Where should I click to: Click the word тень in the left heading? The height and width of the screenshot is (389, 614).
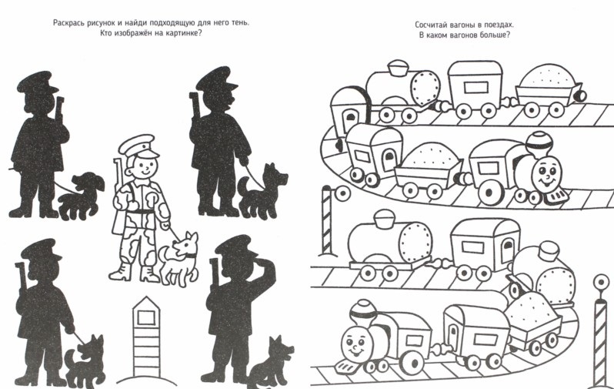(x=239, y=23)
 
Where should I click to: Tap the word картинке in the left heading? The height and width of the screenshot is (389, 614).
(x=183, y=33)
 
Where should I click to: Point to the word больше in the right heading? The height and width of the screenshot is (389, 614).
(x=496, y=35)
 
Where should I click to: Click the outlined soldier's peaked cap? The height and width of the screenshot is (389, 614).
(x=138, y=145)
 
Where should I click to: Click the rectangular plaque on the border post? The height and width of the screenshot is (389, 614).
(x=146, y=317)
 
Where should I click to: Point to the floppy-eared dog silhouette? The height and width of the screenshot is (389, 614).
(x=81, y=196)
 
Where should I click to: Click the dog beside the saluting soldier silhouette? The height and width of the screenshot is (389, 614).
(x=270, y=364)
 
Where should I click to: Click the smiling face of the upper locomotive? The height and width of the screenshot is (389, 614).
(x=546, y=175)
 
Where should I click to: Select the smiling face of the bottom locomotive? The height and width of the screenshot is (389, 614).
(x=355, y=343)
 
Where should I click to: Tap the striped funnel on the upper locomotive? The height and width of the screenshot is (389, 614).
(x=539, y=143)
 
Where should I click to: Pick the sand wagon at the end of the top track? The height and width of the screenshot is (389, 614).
(x=548, y=91)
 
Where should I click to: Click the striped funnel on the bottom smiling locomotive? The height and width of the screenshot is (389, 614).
(x=363, y=312)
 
